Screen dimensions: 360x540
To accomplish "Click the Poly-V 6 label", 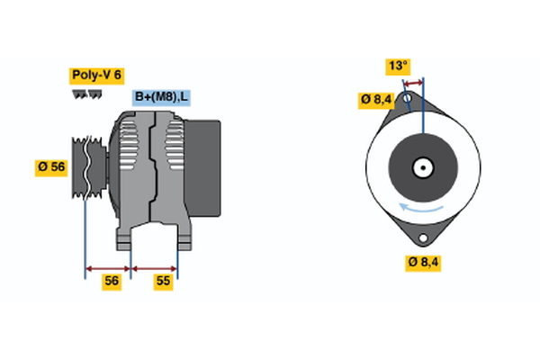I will (95, 76).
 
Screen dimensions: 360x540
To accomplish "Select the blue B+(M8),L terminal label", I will (162, 97).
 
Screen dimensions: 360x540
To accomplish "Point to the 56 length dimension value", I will (111, 282).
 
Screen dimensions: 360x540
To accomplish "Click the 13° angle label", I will (398, 66).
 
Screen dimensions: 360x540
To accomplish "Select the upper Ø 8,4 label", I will (376, 99).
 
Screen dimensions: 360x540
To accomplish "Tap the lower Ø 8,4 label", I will (422, 262).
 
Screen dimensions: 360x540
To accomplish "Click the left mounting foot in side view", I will (125, 238).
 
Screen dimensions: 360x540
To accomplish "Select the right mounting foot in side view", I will (183, 238).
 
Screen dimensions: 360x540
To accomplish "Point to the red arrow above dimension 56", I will (108, 267).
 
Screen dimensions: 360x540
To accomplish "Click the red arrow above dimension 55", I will (155, 267).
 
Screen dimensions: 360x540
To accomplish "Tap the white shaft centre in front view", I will (421, 167).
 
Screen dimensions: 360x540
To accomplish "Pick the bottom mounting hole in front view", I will (422, 238).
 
